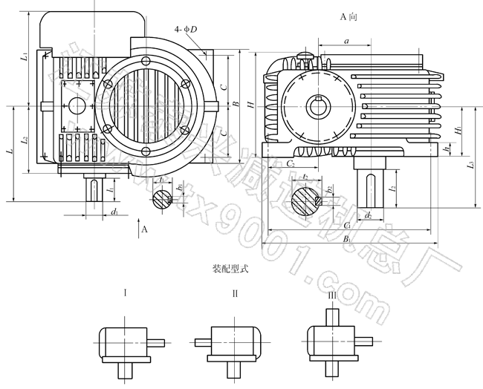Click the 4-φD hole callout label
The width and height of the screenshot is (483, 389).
pos(187,29)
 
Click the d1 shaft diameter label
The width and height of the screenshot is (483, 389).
pos(113,213)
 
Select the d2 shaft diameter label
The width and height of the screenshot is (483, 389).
pos(369,215)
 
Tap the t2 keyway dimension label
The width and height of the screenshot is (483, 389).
pos(305,177)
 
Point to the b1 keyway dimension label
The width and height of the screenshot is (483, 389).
pos(178,187)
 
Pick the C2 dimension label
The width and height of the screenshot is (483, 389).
pos(291,163)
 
